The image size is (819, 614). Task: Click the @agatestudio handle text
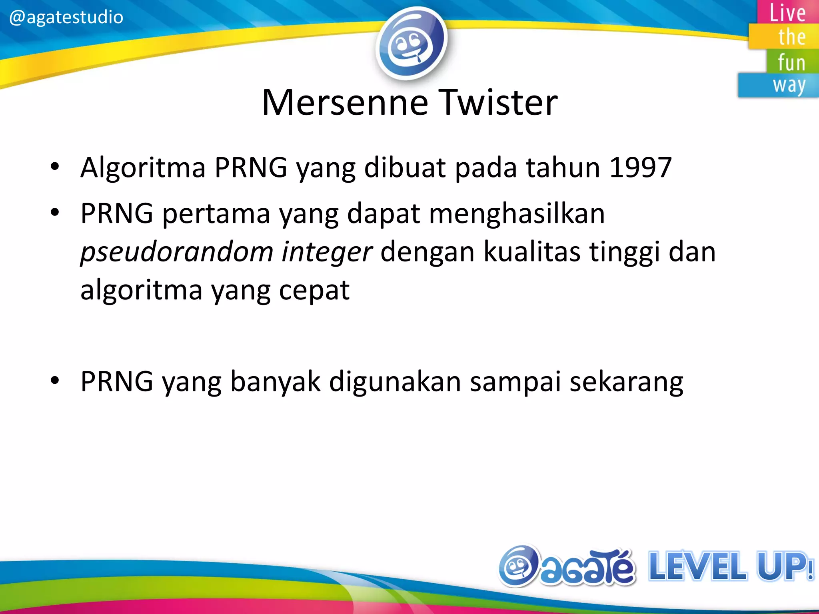[x=66, y=18]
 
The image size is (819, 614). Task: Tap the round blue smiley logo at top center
[x=411, y=43]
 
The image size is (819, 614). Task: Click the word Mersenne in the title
[x=345, y=103]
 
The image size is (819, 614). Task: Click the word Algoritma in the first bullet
[x=143, y=168]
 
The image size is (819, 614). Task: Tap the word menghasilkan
[x=517, y=214]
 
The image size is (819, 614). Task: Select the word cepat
[x=314, y=291]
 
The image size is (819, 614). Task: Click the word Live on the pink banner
[x=787, y=13]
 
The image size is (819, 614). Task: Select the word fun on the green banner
[x=791, y=62]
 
